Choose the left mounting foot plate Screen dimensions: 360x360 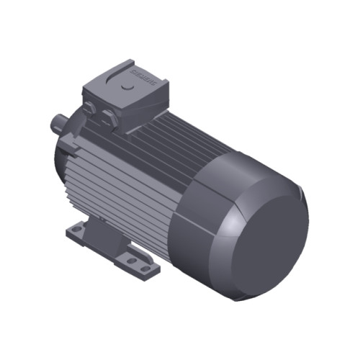(79, 234)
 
